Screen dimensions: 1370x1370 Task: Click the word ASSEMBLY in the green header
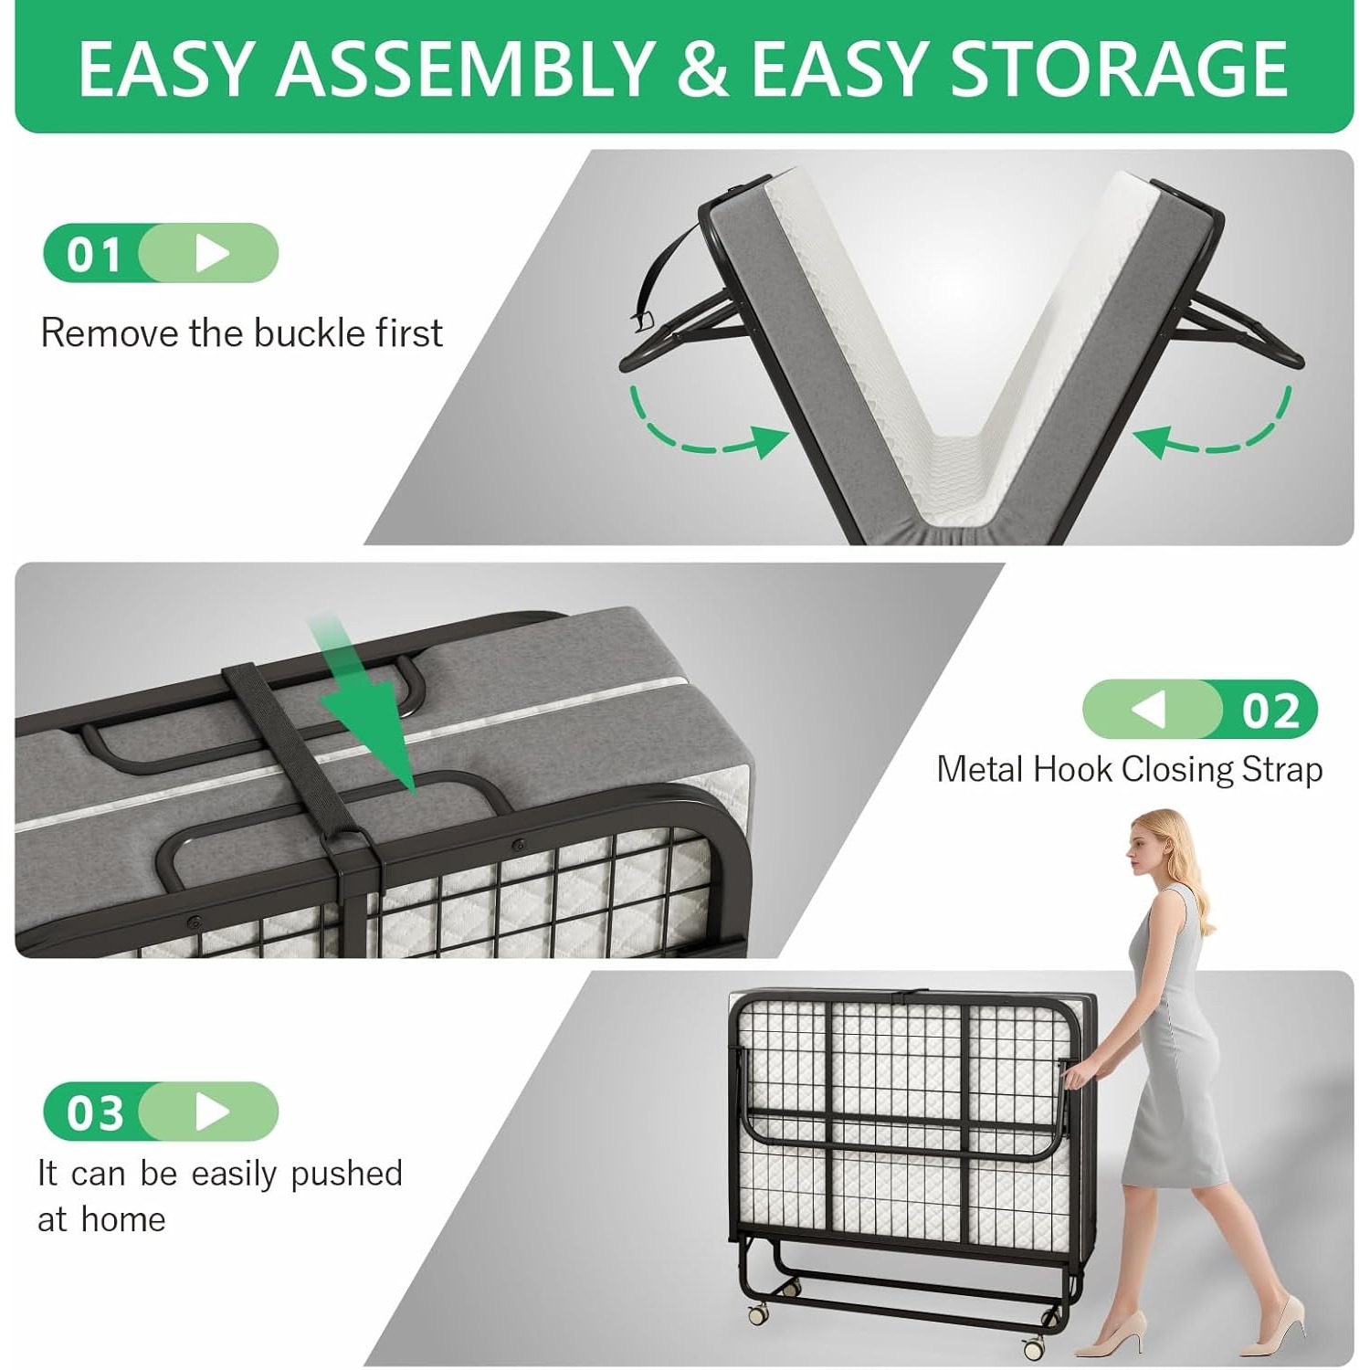click(465, 68)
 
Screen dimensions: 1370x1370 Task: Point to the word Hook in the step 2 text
click(1071, 769)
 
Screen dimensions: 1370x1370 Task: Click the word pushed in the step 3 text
click(346, 1174)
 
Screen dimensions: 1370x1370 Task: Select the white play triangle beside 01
click(212, 254)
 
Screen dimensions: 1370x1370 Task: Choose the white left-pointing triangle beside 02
click(1149, 710)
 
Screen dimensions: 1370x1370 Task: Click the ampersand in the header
click(703, 68)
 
